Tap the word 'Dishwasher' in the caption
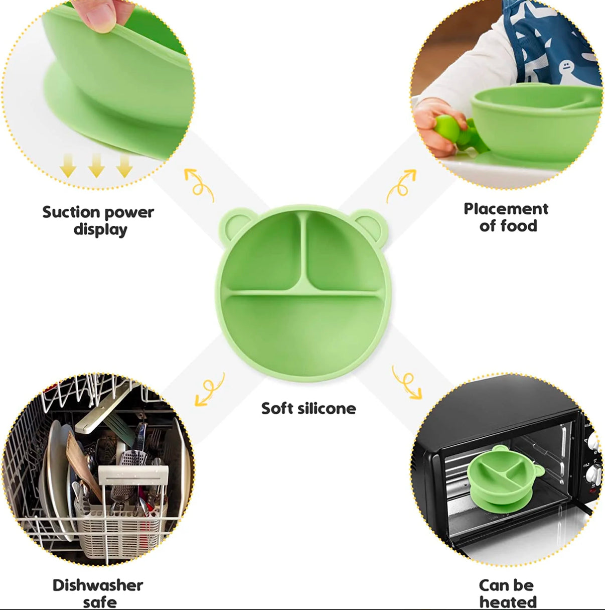[x=98, y=585]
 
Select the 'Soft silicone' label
[x=309, y=408]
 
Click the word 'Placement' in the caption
[x=506, y=209]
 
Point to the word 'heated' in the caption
[x=508, y=601]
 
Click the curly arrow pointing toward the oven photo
[x=407, y=383]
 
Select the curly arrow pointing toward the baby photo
[x=402, y=185]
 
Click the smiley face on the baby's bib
[x=566, y=67]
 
